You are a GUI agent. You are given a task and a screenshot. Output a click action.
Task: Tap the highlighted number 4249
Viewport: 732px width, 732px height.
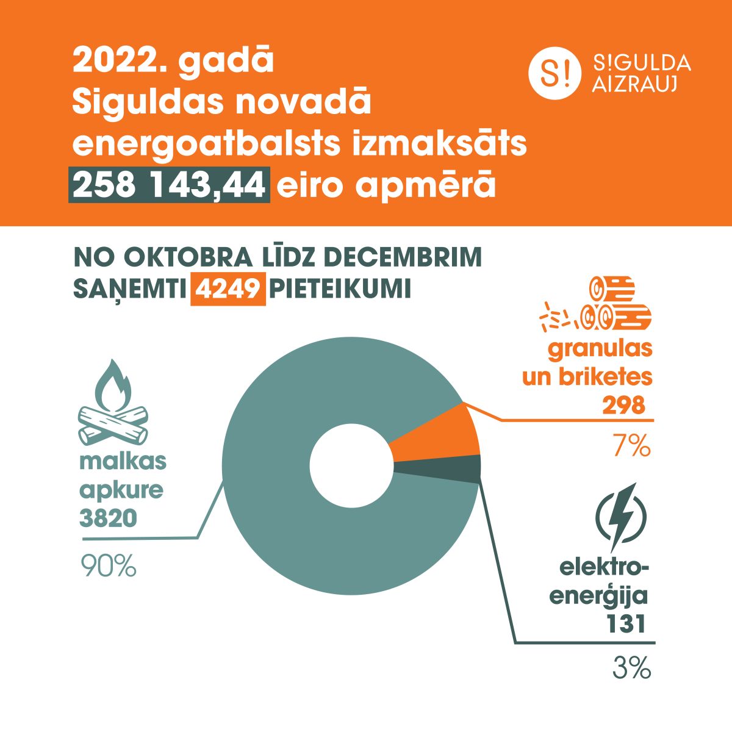[228, 289]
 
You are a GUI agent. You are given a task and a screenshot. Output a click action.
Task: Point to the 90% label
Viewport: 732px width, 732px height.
[109, 566]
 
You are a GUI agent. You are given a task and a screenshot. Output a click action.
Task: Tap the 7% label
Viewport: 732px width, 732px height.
[632, 447]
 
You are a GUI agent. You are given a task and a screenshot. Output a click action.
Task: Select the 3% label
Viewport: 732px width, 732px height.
[632, 668]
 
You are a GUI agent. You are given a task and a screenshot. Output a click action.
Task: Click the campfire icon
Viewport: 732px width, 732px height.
[113, 406]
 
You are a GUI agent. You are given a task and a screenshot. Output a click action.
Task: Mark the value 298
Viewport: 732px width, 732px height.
[623, 405]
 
